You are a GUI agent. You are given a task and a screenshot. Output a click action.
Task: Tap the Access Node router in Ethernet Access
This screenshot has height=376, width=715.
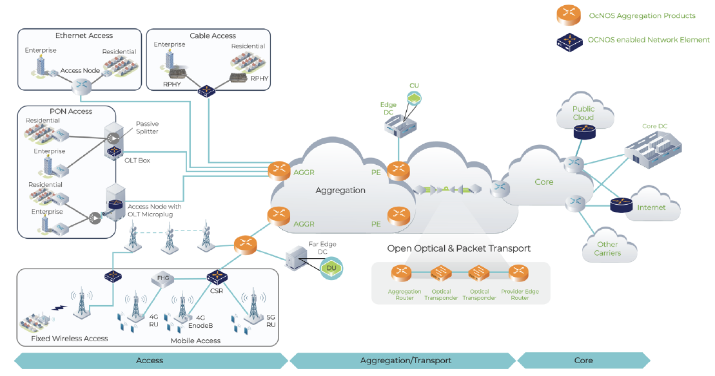pos(82,84)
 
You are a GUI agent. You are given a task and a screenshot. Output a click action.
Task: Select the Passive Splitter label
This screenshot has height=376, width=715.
pos(147,127)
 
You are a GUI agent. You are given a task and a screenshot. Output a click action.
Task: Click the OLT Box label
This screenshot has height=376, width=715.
pos(138,160)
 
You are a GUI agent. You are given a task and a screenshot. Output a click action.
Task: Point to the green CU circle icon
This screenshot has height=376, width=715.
pos(414,97)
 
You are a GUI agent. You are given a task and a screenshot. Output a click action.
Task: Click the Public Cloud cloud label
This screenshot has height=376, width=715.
pos(583,113)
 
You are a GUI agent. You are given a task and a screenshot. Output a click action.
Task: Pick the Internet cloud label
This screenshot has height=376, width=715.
pos(651,207)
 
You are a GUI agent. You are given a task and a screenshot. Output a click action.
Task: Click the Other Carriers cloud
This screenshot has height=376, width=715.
pos(608,249)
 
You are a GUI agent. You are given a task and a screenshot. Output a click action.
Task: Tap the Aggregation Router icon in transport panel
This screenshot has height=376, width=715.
pos(401,273)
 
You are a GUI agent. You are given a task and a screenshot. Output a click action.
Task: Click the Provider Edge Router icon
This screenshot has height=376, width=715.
pos(519,273)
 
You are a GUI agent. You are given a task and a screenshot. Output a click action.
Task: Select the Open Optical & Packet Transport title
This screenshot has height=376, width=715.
pos(459,249)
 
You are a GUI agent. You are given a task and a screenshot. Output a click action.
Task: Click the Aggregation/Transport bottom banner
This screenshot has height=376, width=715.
pos(406,360)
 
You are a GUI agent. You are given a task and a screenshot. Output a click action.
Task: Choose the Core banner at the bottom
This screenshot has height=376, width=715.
pos(583,360)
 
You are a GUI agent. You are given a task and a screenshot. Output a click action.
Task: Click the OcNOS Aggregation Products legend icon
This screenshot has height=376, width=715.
pos(570,15)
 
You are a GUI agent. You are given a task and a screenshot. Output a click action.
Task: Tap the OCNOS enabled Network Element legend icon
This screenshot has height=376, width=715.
pos(570,40)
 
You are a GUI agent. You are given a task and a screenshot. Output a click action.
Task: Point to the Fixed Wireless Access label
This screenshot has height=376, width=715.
pos(70,338)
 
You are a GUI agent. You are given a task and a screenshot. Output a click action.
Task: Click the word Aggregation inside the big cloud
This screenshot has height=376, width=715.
pos(340,191)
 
